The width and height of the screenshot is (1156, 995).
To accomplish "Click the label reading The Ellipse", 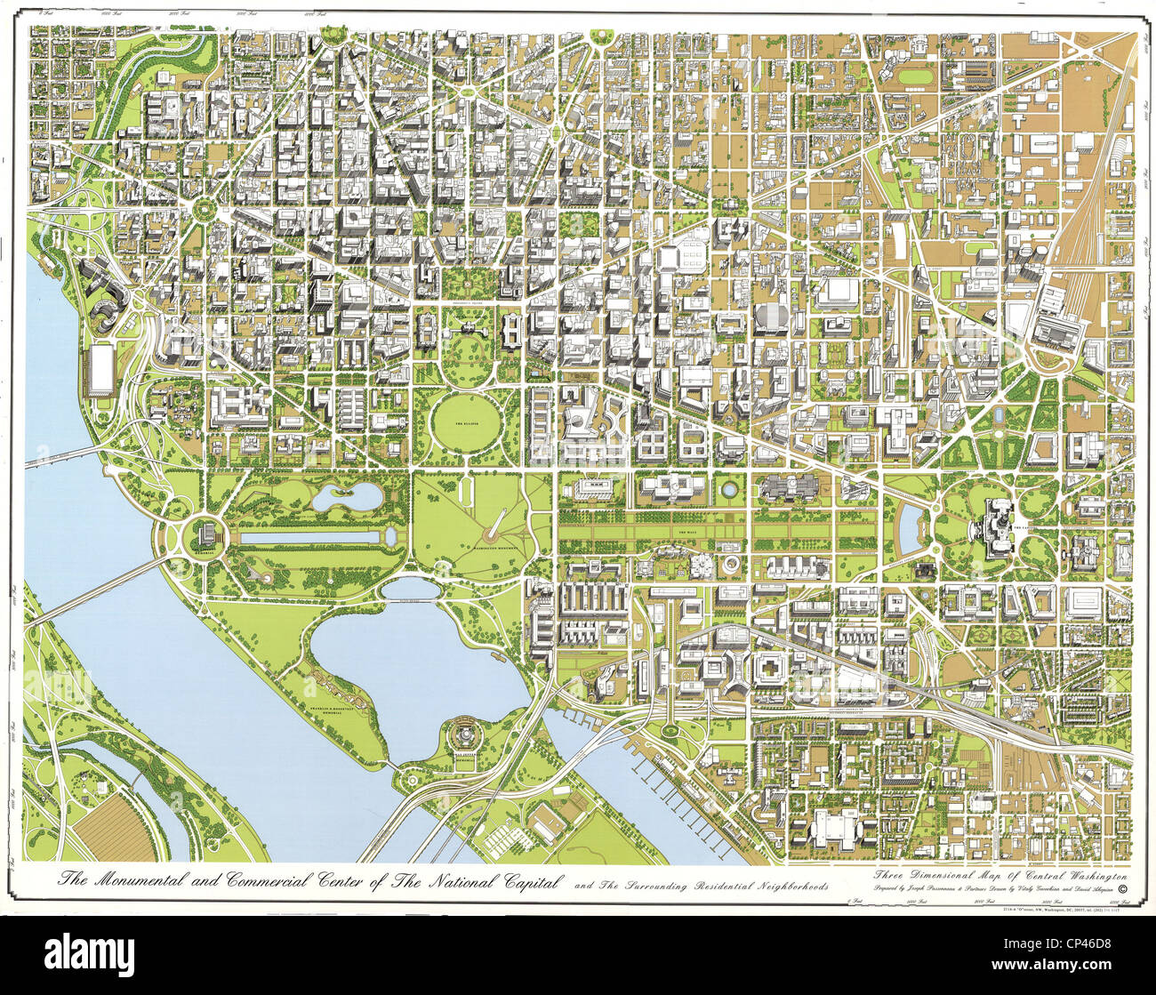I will pyautogui.click(x=465, y=424).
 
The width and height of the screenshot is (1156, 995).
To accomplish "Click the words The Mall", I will pyautogui.click(x=687, y=531).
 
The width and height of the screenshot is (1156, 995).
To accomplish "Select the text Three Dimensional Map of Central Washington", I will pyautogui.click(x=1001, y=875).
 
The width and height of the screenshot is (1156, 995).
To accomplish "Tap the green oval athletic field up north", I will pyautogui.click(x=911, y=77).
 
